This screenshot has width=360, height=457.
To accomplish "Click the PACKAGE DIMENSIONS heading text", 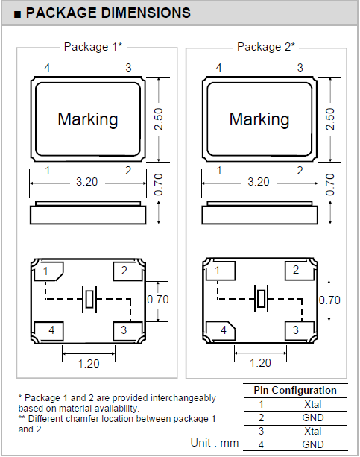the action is tap(108, 13).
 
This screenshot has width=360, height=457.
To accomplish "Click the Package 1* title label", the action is tap(93, 47).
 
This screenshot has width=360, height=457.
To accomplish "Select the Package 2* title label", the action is tap(266, 47).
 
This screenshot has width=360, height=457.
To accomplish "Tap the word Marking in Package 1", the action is tap(88, 119).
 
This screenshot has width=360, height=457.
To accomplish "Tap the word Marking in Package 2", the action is tap(259, 119).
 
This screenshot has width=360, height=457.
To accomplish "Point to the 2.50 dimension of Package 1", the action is tap(158, 119).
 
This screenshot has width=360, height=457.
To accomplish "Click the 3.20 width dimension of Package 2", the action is tap(259, 182).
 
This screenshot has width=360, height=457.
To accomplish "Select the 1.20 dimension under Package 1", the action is tap(89, 364).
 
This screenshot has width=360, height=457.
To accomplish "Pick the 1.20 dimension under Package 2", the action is tap(260, 363).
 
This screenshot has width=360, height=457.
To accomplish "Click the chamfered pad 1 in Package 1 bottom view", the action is tap(48, 271).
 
